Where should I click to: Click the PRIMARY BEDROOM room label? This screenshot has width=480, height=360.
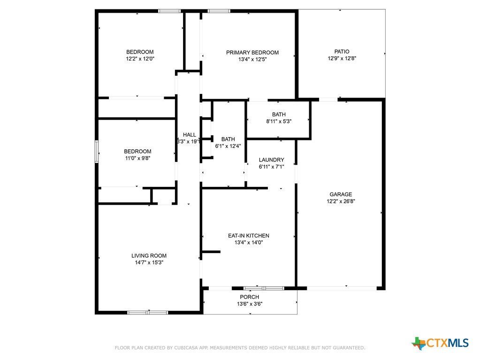[x=252, y=53]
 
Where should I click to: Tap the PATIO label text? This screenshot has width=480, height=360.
[x=342, y=52]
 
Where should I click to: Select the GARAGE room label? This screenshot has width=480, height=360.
[x=341, y=194]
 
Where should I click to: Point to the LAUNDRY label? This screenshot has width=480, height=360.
[x=272, y=160]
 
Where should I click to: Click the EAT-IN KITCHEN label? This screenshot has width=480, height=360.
[x=249, y=236]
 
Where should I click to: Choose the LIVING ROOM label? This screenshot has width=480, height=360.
[x=149, y=256]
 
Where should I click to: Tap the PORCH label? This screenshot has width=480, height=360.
[x=250, y=297]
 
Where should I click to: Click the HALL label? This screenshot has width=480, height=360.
[x=190, y=135]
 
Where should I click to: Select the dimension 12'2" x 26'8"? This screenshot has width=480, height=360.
[x=341, y=201]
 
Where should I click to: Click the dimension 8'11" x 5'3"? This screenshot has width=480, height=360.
[x=279, y=121]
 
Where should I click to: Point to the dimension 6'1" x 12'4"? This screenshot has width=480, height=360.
[x=228, y=146]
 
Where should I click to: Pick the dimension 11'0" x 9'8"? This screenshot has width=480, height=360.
[x=138, y=158]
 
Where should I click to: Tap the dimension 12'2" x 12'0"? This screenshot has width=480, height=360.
[x=140, y=59]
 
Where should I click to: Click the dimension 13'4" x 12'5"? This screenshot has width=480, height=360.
[x=252, y=60]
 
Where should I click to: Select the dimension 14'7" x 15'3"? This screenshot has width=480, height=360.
[x=149, y=263]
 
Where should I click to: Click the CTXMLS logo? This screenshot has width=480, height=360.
[x=440, y=343]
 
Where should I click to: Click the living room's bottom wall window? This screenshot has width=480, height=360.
[x=148, y=313]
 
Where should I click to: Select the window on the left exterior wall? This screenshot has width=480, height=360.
[x=97, y=152]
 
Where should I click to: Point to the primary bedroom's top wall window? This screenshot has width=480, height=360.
[x=219, y=11]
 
